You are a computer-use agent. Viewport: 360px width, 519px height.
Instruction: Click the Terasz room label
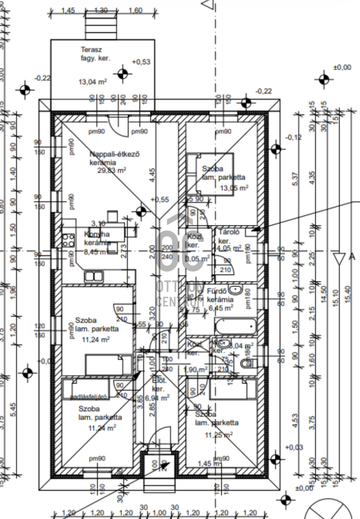[x=91, y=50]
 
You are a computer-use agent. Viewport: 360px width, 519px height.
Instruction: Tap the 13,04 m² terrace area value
[x=93, y=82]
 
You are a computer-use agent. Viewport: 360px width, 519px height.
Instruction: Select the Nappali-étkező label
[x=115, y=154]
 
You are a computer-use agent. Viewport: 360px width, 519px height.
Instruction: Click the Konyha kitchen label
[x=97, y=234]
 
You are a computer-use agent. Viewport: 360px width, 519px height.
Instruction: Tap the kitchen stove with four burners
[x=69, y=240]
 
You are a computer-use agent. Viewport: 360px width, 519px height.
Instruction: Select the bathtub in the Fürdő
[x=235, y=327]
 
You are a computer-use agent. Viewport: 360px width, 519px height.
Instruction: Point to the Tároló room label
[x=229, y=232]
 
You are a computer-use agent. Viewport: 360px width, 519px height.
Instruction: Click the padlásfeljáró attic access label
[x=89, y=397]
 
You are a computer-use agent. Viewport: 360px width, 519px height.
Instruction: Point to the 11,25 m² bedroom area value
[x=218, y=435]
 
